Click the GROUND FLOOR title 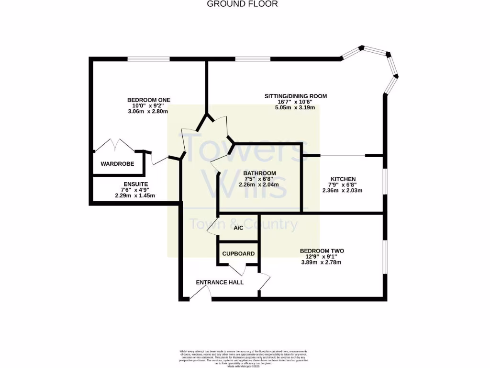(242, 4)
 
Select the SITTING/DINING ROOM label (296, 96)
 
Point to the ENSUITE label (135, 184)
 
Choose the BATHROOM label (259, 173)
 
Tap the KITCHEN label (342, 179)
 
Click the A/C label (238, 228)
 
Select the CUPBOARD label (238, 253)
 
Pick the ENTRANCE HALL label (220, 282)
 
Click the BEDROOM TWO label (322, 251)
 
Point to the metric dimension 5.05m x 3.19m (296, 108)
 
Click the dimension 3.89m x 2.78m (321, 262)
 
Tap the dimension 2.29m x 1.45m (135, 195)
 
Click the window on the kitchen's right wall (384, 182)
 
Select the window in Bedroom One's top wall (148, 59)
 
